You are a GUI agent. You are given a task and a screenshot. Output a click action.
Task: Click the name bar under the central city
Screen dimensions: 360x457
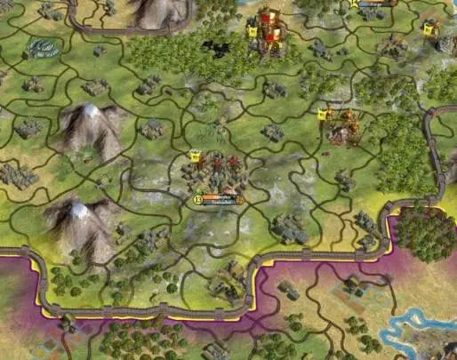220,200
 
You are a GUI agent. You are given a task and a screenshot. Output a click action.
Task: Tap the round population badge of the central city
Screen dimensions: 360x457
196,200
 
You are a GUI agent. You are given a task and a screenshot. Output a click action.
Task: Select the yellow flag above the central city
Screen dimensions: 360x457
195,156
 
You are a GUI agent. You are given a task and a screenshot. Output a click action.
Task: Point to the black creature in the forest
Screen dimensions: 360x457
213,46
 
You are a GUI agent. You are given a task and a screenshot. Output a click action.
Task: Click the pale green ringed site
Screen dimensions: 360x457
40,47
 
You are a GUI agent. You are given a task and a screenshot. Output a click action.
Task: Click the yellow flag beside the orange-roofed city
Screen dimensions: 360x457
322,114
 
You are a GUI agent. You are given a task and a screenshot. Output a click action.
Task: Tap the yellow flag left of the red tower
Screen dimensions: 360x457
252,32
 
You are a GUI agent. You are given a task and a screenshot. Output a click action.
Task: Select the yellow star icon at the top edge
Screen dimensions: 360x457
353,4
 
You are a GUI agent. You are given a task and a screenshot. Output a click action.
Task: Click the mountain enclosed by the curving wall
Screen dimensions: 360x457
160,11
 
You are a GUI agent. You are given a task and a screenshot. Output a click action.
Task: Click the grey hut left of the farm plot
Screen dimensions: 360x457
289,290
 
